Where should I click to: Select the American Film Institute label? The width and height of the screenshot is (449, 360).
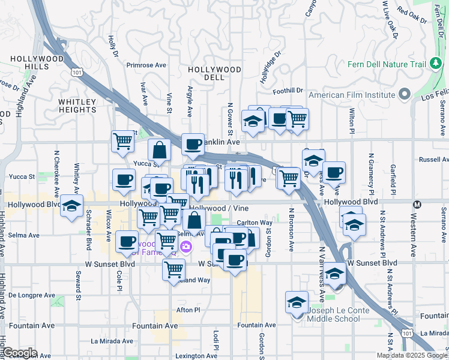pyautogui.click(x=352, y=95)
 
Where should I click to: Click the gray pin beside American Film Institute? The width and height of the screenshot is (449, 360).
pyautogui.click(x=405, y=94)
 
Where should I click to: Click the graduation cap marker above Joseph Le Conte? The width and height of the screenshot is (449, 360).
pyautogui.click(x=297, y=304)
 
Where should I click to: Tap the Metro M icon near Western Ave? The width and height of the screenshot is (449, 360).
pyautogui.click(x=417, y=203)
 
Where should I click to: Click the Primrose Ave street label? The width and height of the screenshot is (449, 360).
pyautogui.click(x=146, y=65)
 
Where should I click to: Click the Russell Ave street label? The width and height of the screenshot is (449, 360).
pyautogui.click(x=433, y=160)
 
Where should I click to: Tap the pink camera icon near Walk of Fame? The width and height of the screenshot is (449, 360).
pyautogui.click(x=186, y=247)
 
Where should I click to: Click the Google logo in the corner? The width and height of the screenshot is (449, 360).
pyautogui.click(x=19, y=353)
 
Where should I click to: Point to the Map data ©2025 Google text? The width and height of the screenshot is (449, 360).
pyautogui.click(x=411, y=355)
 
